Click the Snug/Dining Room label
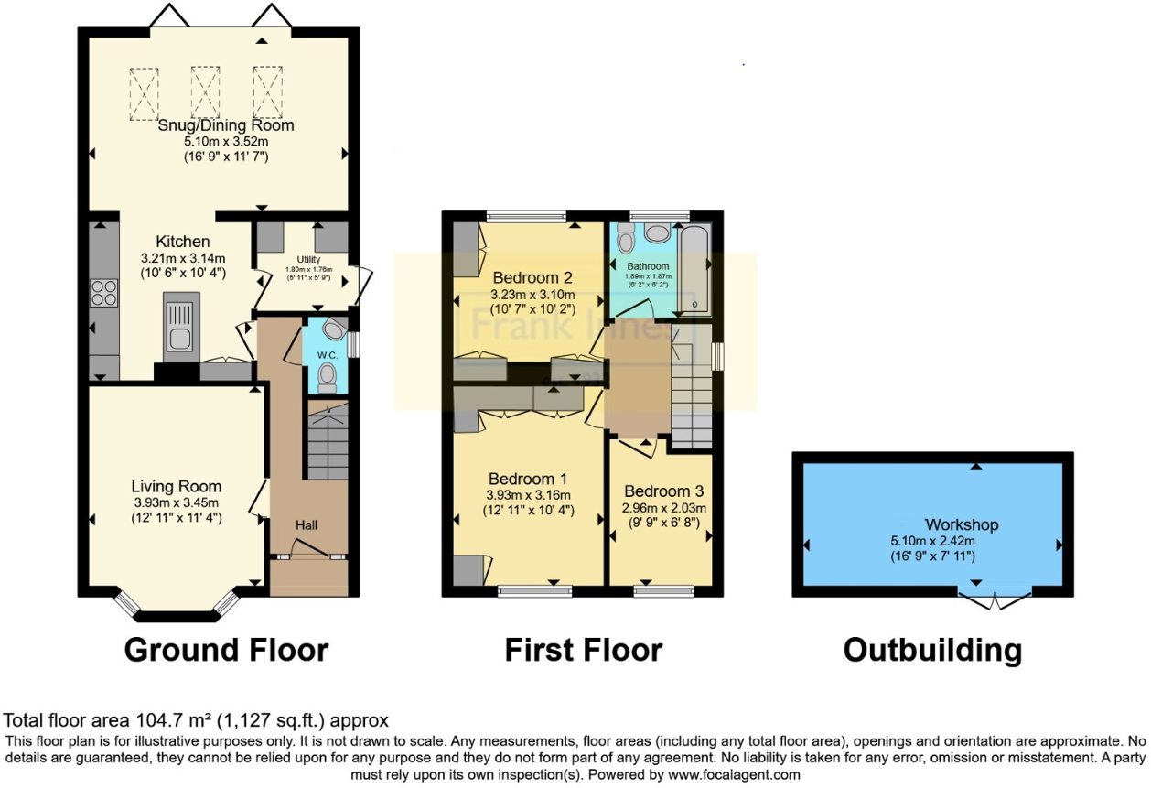point(226,125)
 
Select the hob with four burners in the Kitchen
point(102,291)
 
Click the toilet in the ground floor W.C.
point(327,376)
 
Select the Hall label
point(307,525)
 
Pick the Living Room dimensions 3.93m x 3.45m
point(175,503)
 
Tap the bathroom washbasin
point(657,233)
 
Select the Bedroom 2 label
point(532,277)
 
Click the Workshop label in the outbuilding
point(961,524)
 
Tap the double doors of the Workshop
point(994,601)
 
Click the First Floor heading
point(583,650)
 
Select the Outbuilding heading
point(931,650)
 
